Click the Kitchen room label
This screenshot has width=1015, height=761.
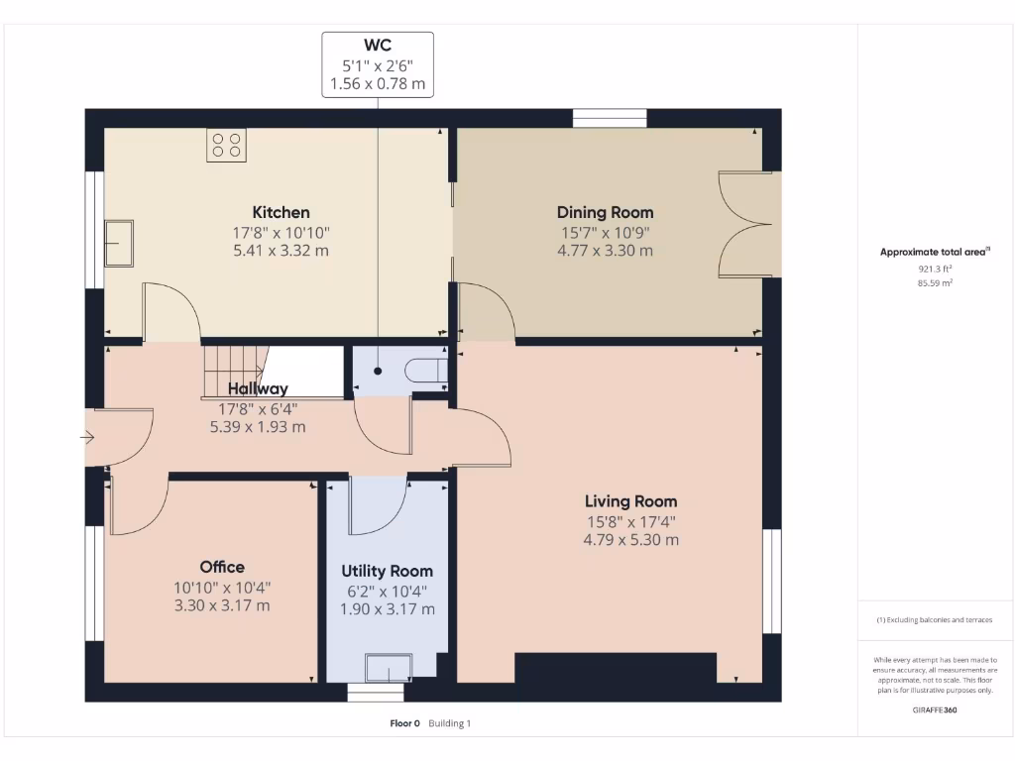click(281, 212)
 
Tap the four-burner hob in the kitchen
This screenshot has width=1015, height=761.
click(226, 145)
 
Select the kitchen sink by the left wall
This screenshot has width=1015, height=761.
click(119, 243)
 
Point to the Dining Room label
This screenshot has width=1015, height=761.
click(605, 212)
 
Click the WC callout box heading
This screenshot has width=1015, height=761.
click(378, 46)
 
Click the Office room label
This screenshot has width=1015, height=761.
click(222, 567)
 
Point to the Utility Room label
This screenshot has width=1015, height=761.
click(387, 571)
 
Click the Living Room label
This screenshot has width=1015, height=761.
click(630, 501)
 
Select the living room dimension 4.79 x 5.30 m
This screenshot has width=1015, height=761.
click(630, 540)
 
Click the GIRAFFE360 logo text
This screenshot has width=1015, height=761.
click(935, 709)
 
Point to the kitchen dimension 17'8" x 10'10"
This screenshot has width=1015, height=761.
click(281, 232)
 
